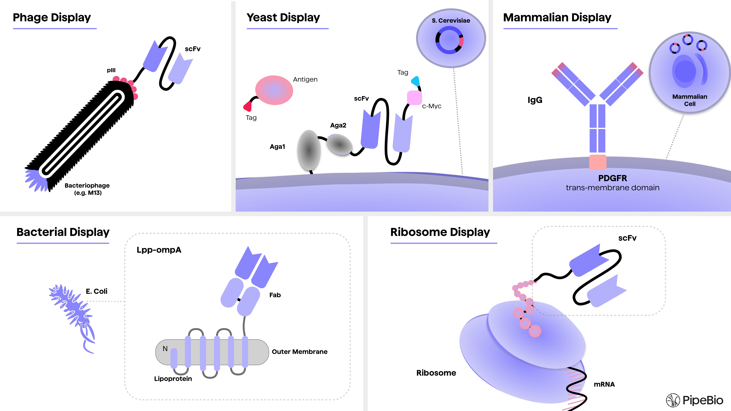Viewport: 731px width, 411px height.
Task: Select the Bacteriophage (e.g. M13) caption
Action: coord(87,189)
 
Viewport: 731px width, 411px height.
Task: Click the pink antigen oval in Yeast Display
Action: coord(274,90)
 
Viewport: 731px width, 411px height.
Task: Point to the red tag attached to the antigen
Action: coord(248,106)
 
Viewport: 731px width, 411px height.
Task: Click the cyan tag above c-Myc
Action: coord(415,81)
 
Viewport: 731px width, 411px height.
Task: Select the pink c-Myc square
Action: coord(414,98)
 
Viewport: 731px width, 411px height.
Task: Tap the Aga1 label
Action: coord(277,147)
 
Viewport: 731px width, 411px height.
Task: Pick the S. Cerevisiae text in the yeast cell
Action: coord(451,20)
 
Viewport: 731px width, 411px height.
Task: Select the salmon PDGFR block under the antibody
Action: coord(598,162)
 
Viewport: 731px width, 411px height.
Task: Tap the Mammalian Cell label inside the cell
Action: coord(690,100)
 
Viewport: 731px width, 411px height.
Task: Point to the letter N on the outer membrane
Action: coord(165,349)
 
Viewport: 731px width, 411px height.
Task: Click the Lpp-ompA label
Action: coord(159,250)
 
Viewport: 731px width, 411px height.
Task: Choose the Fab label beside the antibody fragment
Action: coord(275,295)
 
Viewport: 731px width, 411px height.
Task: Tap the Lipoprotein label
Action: coord(173,379)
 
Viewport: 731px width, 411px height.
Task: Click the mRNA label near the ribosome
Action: coord(604,384)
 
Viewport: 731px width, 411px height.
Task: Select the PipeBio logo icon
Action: coord(673,400)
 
